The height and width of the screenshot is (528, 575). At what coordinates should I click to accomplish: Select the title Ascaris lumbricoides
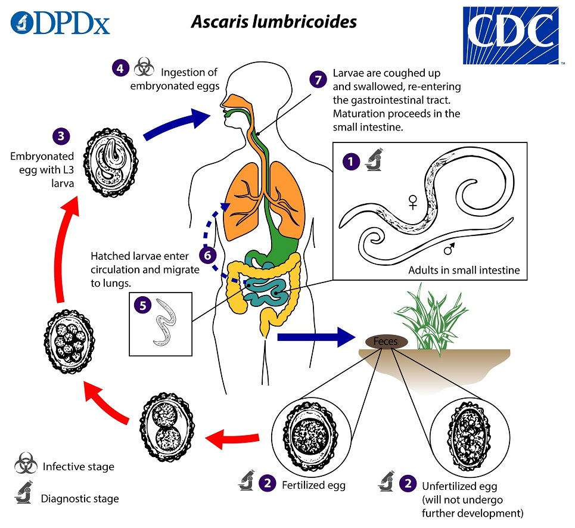coord(273,22)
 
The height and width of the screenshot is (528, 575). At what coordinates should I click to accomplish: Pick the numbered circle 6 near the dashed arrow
coord(208,254)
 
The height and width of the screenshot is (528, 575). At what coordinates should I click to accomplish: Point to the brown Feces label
coord(386,341)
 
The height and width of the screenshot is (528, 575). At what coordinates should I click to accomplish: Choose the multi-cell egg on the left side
coord(70,341)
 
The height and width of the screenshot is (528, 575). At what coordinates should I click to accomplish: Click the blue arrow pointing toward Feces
coord(316,337)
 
